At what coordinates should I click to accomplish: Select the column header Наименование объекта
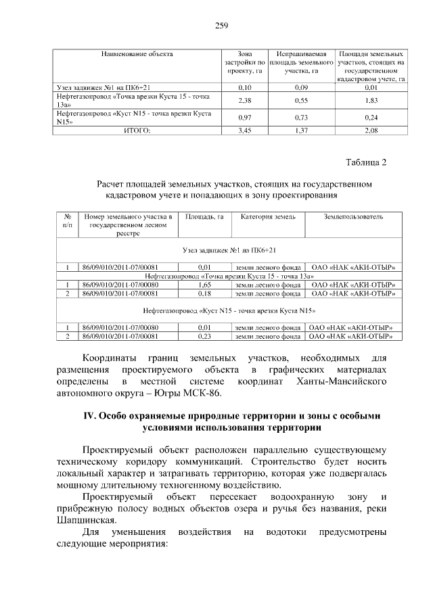[x=137, y=53]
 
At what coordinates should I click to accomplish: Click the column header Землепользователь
[x=353, y=217]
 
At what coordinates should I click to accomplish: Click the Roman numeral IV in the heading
[x=87, y=416]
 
